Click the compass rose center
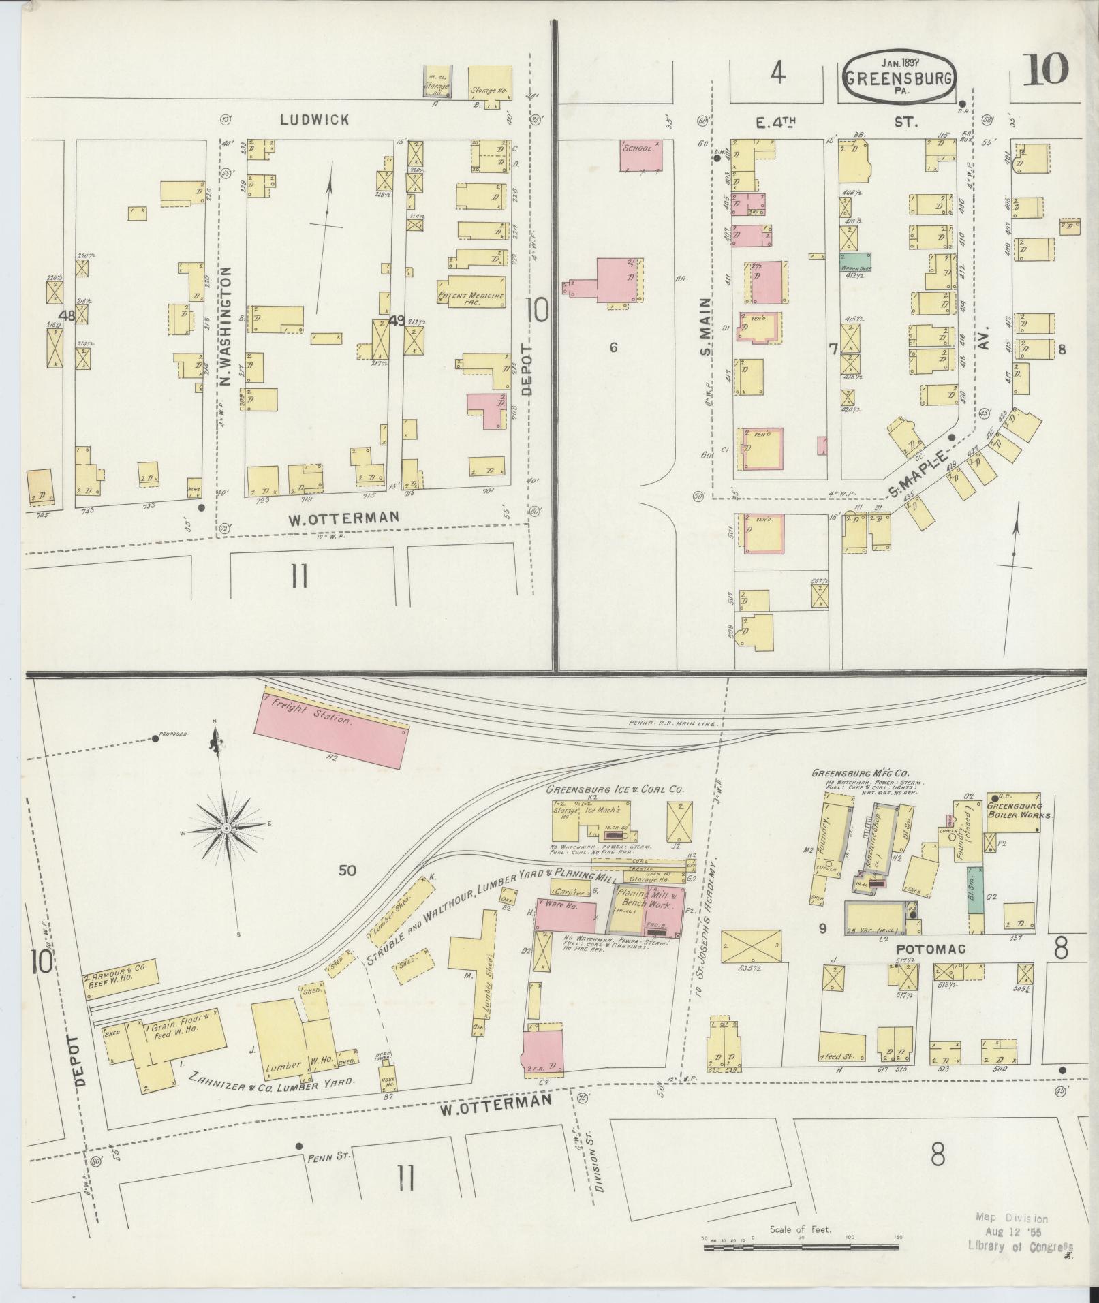[225, 828]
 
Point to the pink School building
[640, 156]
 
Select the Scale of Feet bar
[802, 1248]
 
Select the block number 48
[67, 316]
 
